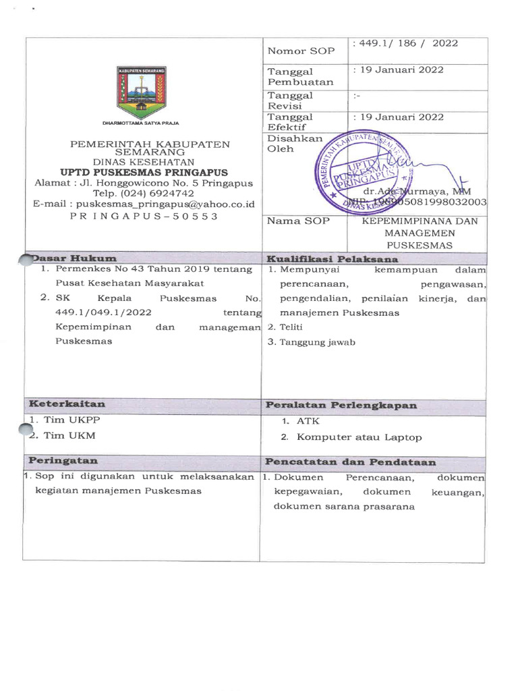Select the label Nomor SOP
pos(296,51)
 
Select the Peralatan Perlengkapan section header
pos(341,406)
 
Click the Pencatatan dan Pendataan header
pos(350,462)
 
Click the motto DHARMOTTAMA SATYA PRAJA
pos(141,123)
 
